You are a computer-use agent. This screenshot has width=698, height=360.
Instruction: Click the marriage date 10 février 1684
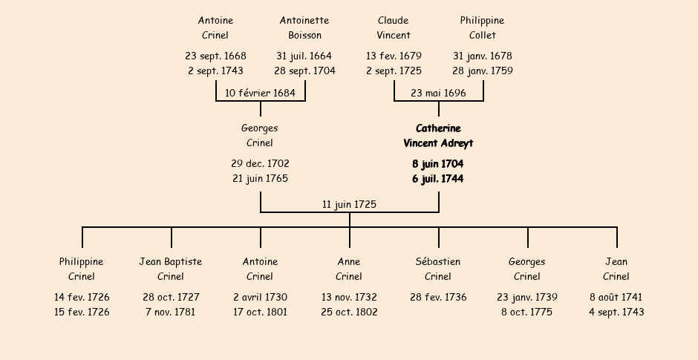pos(260,93)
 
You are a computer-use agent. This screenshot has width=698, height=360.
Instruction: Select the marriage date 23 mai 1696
pos(438,93)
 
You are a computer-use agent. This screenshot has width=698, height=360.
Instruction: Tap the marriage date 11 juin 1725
pos(349,204)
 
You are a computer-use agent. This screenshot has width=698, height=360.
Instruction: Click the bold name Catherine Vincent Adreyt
pos(438,136)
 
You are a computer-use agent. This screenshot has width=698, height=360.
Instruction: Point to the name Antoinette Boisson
pos(304,27)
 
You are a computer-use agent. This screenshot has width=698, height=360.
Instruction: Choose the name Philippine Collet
pos(482,27)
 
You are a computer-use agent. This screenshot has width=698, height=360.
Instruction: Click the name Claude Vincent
pos(394,27)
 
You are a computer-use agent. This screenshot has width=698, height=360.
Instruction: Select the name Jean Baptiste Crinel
pos(171,269)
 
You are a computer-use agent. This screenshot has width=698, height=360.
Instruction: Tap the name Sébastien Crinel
pos(438,269)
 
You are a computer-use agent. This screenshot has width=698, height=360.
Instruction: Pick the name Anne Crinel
pos(349,269)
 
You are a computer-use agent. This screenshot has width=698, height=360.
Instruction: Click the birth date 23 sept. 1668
pos(215,56)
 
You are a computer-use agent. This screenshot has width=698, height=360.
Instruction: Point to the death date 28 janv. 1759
pos(483,71)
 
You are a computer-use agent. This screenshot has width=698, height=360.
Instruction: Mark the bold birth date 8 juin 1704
pos(438,164)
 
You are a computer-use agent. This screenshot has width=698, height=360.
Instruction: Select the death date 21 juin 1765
pos(260,178)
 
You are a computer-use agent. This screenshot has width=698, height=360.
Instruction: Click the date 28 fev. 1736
pos(438,297)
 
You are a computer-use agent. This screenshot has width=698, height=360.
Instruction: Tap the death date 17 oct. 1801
pos(260,312)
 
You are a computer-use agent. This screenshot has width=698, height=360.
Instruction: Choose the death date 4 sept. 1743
pos(616,312)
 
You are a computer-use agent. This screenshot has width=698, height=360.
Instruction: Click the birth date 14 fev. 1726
pos(82,297)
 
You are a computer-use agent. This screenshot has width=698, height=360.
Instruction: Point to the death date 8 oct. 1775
pos(527,312)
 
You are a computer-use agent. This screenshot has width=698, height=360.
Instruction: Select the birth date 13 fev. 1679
pos(394,56)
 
